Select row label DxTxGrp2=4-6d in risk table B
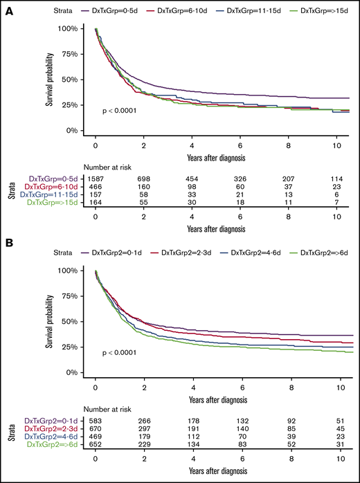[x=44, y=437]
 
